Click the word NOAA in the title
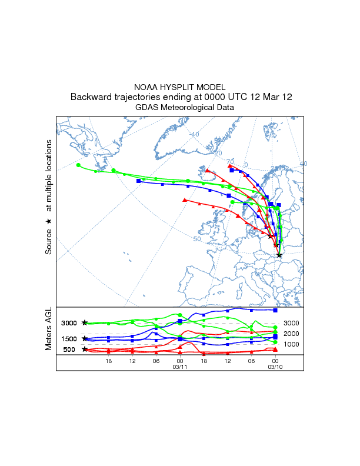147,87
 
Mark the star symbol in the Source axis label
49,221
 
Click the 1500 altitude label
69,339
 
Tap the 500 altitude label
69,349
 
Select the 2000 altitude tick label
292,334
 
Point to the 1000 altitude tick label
292,344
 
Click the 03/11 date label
179,367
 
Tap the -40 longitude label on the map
194,134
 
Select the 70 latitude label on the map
230,161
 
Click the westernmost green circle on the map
78,165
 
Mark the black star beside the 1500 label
85,339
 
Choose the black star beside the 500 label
85,349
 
